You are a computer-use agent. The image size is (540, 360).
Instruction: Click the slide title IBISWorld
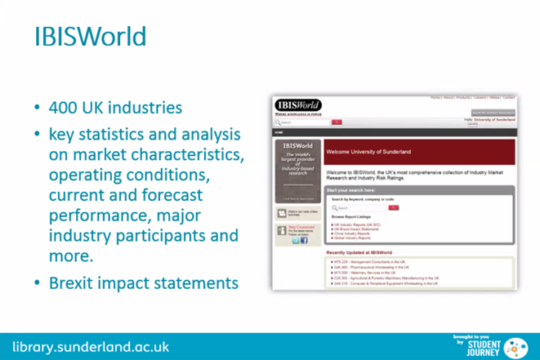[90, 37]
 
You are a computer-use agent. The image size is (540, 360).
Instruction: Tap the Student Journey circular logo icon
[516, 344]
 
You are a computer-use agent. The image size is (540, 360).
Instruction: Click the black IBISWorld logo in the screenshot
[298, 105]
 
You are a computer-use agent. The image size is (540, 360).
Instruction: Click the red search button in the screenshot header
[337, 122]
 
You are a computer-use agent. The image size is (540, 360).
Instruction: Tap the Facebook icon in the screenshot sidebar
[304, 241]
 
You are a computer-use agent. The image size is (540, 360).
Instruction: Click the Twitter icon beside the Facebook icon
[296, 241]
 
